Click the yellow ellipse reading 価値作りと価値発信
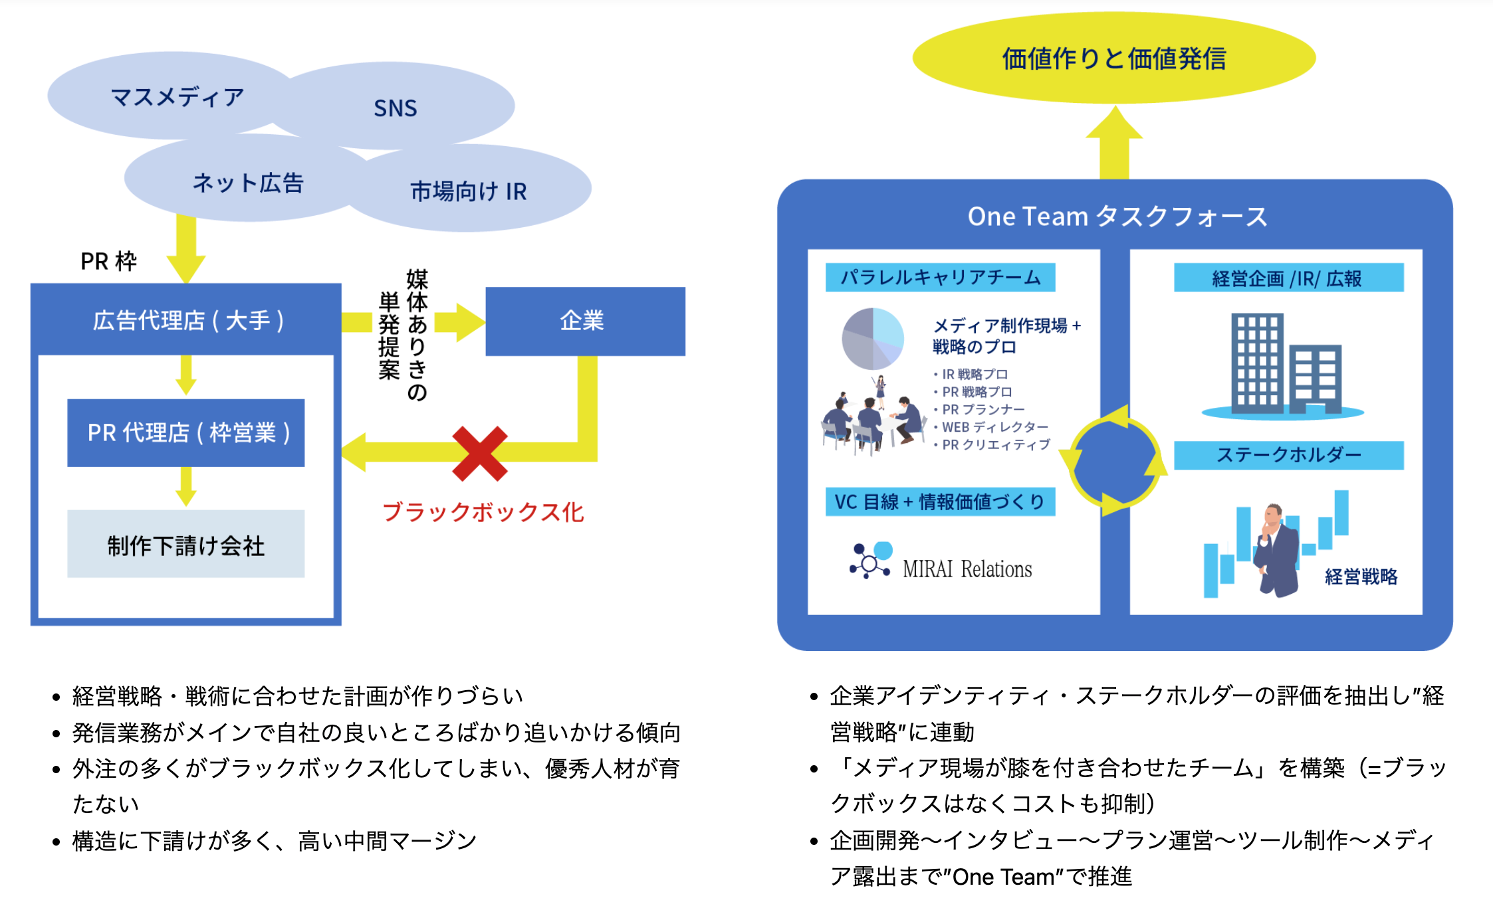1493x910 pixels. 1113,58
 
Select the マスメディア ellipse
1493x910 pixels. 177,97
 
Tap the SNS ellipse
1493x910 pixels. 396,108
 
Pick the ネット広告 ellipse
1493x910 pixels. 248,183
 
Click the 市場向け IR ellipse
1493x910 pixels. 469,191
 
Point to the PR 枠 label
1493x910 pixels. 108,261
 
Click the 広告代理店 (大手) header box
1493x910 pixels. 187,320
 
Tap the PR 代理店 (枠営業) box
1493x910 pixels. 187,432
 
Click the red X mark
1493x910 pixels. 479,454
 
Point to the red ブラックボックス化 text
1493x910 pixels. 483,512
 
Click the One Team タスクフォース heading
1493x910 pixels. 1117,217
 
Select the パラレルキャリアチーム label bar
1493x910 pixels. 940,278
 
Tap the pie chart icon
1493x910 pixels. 873,339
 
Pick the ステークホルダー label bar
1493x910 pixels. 1288,455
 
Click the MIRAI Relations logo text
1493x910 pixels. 967,569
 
